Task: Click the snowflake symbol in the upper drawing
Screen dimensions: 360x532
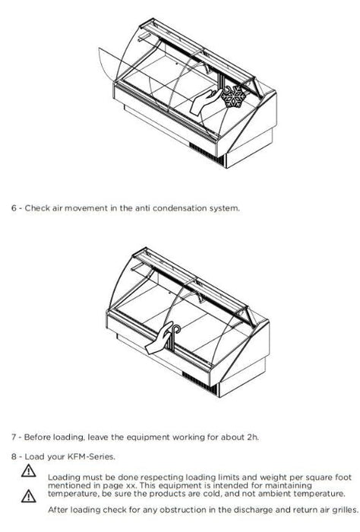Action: pyautogui.click(x=234, y=97)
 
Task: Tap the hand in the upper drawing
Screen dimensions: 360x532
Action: pyautogui.click(x=204, y=101)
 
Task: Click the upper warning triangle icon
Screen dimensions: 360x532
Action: pyautogui.click(x=28, y=470)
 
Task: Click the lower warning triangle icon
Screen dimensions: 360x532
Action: pyautogui.click(x=28, y=496)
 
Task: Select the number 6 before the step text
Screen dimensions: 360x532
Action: pyautogui.click(x=14, y=208)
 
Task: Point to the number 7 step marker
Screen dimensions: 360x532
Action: pyautogui.click(x=14, y=437)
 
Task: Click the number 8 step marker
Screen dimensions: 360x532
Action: pyautogui.click(x=14, y=457)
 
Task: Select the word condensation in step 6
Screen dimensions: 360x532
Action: pyautogui.click(x=180, y=208)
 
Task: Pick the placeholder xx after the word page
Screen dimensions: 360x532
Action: pyautogui.click(x=131, y=486)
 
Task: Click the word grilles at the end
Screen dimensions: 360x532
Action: pyautogui.click(x=344, y=510)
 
